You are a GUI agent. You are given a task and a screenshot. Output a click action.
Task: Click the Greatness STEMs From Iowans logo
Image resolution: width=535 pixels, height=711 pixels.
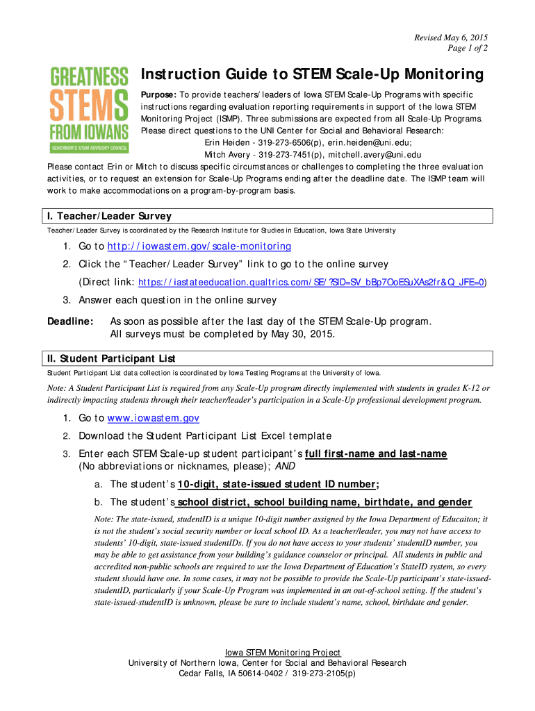coord(89,109)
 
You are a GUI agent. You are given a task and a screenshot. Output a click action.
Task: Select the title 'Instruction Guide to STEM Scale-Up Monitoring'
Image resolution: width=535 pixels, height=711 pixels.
coord(312,74)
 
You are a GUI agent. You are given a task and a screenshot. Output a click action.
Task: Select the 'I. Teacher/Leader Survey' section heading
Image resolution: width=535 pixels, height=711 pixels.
coord(109,216)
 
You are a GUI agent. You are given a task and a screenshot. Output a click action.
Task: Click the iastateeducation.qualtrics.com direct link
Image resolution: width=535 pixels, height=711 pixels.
coord(311,283)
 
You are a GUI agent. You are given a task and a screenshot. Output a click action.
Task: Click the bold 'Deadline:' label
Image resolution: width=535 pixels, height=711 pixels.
coord(70,321)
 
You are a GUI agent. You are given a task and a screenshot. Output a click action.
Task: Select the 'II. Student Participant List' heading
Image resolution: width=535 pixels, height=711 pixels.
coord(111,358)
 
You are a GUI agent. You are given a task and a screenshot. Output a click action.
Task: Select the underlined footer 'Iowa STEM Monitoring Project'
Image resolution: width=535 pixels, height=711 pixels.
coord(283,653)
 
